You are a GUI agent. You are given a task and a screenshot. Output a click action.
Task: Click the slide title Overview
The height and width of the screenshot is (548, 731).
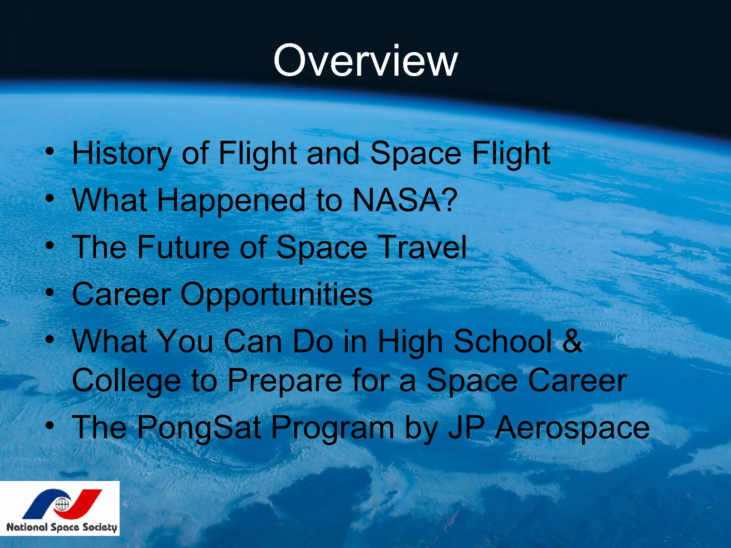365,61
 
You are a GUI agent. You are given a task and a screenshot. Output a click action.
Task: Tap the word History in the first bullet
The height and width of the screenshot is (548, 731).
122,153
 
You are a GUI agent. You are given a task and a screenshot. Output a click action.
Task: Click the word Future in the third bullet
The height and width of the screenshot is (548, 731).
183,247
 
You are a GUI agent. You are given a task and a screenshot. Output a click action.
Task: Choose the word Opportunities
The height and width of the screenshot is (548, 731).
276,294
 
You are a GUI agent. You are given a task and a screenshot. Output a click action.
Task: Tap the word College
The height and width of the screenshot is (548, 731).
126,381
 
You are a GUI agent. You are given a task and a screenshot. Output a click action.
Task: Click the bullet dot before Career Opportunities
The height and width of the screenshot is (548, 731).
50,293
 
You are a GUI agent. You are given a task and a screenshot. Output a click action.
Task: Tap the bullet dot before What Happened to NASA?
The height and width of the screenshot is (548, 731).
50,199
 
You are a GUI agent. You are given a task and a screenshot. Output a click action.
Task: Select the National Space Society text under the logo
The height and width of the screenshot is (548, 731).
61,527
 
